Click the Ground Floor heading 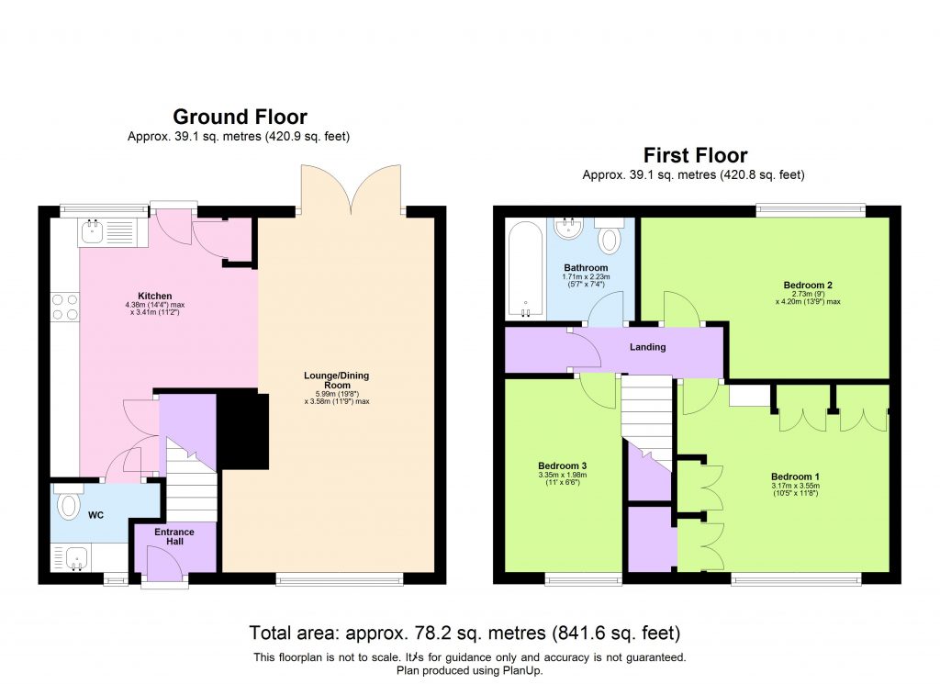(240, 117)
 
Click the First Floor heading (695, 155)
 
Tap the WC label (95, 516)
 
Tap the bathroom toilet (609, 237)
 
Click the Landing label (646, 347)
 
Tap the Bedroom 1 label (795, 477)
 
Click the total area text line (464, 633)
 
